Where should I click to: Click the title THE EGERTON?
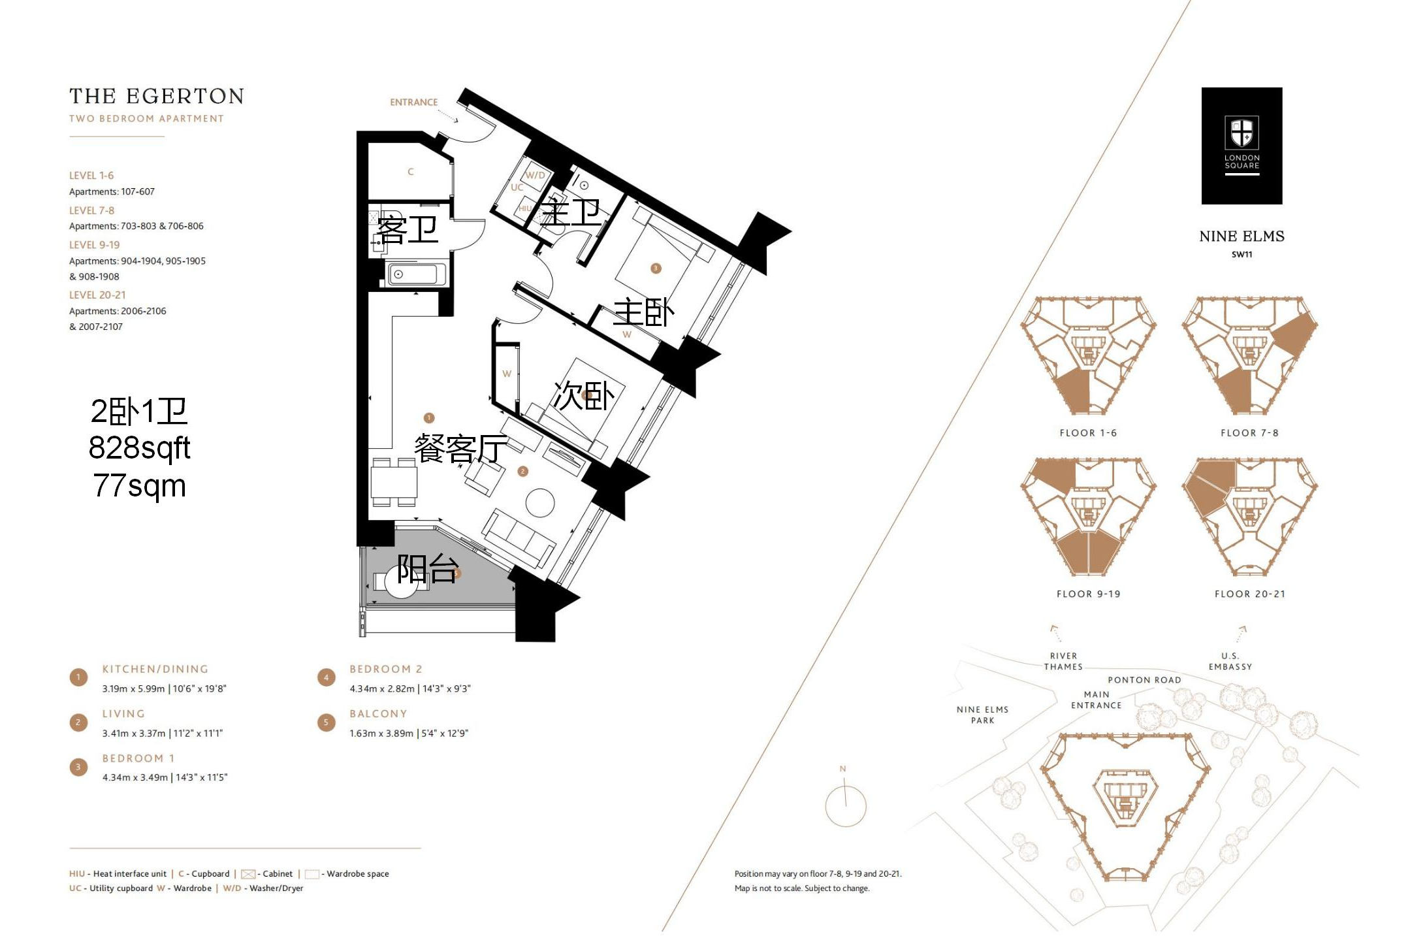coord(157,96)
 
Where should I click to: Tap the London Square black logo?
coord(1242,146)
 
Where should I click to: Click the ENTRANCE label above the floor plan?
coord(413,103)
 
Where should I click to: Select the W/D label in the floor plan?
coord(535,175)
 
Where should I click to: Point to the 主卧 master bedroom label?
coord(643,312)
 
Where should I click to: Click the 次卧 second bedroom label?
coord(584,396)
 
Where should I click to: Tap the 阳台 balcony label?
coord(428,568)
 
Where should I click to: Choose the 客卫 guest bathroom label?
coord(408,229)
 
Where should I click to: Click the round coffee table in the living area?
coord(540,504)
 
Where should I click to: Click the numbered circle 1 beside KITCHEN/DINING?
coord(78,677)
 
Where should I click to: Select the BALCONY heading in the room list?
coord(378,713)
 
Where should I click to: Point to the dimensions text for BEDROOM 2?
coord(410,689)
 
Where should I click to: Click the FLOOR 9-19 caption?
coord(1088,594)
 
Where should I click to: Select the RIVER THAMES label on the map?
coord(1063,661)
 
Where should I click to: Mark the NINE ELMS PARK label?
coord(982,715)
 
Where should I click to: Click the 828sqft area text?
coord(139,448)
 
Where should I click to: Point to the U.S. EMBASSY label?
coord(1230,661)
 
